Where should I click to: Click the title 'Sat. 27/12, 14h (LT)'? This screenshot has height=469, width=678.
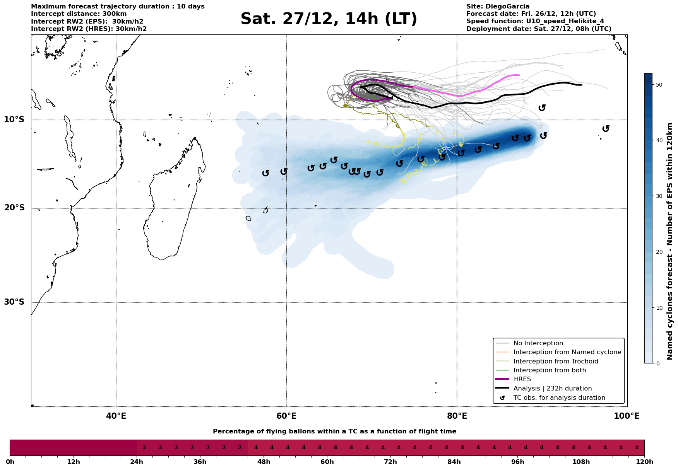coord(329,19)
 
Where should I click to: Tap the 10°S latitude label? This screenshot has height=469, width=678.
coord(14,119)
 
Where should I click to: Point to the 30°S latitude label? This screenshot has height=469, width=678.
coord(14,302)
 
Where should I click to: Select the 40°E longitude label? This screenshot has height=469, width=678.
coord(116,416)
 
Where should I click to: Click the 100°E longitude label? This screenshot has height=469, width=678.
coord(627,416)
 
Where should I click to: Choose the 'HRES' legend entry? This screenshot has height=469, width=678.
coord(522,379)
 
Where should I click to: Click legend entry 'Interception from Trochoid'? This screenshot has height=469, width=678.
coord(555,362)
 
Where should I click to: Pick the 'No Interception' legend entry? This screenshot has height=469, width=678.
coord(538,343)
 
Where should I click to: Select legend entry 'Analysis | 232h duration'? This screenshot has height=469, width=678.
coord(552,389)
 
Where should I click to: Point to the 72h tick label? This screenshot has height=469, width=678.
coord(390,462)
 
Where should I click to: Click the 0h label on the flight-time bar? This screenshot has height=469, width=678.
coord(10,462)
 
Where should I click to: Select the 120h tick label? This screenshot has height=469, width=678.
coord(644,462)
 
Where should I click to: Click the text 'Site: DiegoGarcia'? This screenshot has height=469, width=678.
coord(498,7)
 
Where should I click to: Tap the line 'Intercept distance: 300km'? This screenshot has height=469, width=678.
coord(79,14)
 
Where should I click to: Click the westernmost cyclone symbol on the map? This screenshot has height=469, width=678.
coord(265,173)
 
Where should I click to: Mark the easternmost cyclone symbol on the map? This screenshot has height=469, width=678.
coord(606,128)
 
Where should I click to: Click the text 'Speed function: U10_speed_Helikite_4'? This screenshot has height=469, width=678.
coord(535,21)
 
